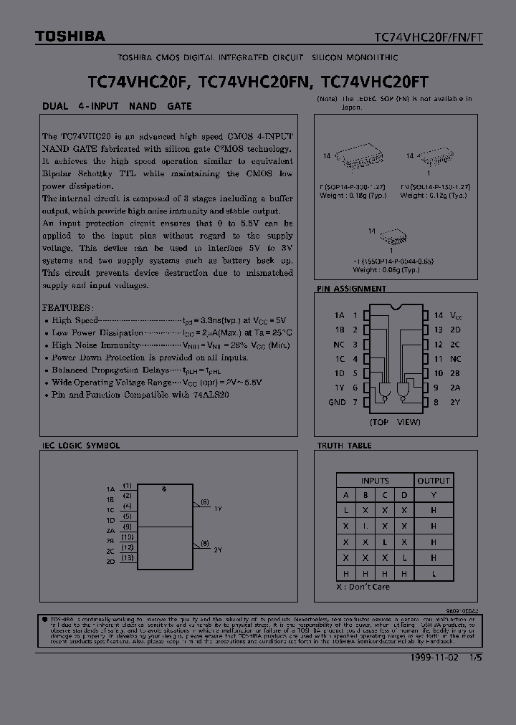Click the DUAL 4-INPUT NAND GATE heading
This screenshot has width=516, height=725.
click(116, 106)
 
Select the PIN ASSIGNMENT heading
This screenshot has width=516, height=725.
click(351, 289)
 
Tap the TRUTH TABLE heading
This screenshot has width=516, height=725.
click(344, 446)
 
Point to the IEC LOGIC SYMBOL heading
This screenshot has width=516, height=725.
click(79, 446)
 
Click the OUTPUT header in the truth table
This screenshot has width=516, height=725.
click(434, 480)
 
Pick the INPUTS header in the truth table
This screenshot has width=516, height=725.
click(375, 480)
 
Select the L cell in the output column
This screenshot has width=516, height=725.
click(434, 573)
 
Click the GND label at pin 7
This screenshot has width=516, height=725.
click(337, 403)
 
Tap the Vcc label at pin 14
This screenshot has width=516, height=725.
click(457, 315)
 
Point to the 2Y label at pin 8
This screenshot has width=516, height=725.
click(455, 403)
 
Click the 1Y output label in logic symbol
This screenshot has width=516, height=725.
click(218, 509)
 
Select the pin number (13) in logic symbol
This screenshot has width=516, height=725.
click(127, 557)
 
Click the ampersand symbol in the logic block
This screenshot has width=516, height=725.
click(164, 489)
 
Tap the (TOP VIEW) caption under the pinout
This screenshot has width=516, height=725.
click(395, 422)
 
